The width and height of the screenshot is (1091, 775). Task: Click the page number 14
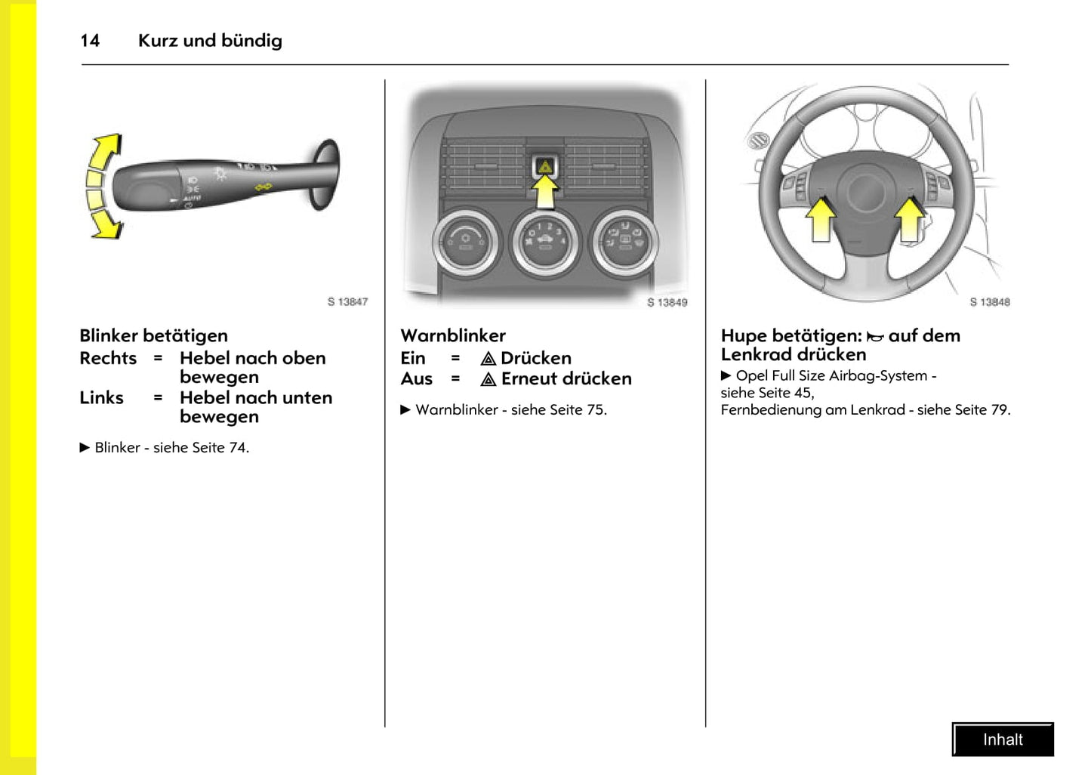(x=90, y=41)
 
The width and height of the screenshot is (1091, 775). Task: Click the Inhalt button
(x=1003, y=739)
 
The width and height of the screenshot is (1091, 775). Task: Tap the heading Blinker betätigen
(x=153, y=335)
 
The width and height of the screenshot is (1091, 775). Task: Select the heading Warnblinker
(x=453, y=335)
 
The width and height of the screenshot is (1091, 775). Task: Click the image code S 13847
(x=347, y=301)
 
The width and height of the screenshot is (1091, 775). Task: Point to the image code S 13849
(x=667, y=302)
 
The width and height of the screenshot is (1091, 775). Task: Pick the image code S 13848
(x=989, y=302)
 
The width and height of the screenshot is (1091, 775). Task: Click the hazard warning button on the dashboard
(x=544, y=165)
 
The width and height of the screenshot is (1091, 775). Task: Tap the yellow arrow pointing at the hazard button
(x=545, y=193)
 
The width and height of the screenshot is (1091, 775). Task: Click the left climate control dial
(x=465, y=242)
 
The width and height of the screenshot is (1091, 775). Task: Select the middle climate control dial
(x=544, y=242)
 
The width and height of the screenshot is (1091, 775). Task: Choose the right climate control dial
(x=624, y=242)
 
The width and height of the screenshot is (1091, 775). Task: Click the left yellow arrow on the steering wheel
(x=820, y=219)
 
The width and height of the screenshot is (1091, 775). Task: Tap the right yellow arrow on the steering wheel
(x=909, y=219)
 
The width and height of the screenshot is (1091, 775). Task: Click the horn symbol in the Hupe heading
(x=875, y=337)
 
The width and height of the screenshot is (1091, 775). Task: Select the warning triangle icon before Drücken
(x=488, y=359)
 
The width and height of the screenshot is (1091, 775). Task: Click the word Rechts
(x=108, y=358)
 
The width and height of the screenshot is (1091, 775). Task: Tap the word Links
(x=101, y=397)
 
